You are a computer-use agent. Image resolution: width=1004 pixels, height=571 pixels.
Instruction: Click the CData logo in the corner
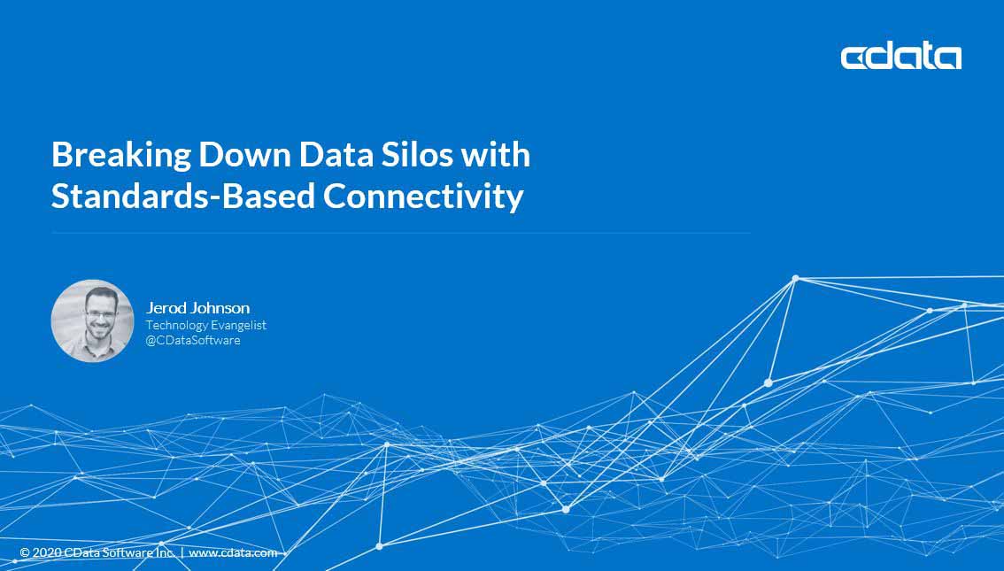[x=901, y=57]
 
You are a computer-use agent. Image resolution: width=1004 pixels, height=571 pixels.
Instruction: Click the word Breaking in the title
[x=121, y=156]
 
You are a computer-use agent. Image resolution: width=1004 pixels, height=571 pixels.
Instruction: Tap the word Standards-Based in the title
[x=183, y=196]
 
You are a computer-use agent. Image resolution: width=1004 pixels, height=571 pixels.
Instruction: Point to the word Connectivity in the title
[x=423, y=197]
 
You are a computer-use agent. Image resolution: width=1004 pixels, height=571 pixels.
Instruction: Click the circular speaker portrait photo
[x=92, y=320]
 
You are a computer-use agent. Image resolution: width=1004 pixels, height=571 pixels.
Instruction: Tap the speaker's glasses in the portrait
[x=100, y=314]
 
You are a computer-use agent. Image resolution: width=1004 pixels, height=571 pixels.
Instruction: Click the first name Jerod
[x=166, y=308]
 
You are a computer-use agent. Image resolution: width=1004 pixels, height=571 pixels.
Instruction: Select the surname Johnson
[x=220, y=308]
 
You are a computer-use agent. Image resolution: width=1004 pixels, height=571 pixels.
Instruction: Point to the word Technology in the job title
[x=177, y=325]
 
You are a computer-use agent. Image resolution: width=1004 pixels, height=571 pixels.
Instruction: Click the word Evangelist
[x=239, y=325]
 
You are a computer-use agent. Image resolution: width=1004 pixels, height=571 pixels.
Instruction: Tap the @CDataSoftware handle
[x=193, y=340]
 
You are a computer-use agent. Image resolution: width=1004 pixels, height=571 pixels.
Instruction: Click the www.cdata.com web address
[x=233, y=552]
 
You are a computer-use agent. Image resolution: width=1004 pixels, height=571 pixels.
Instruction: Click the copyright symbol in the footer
[x=25, y=552]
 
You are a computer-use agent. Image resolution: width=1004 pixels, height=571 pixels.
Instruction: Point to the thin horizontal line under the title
[x=401, y=233]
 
